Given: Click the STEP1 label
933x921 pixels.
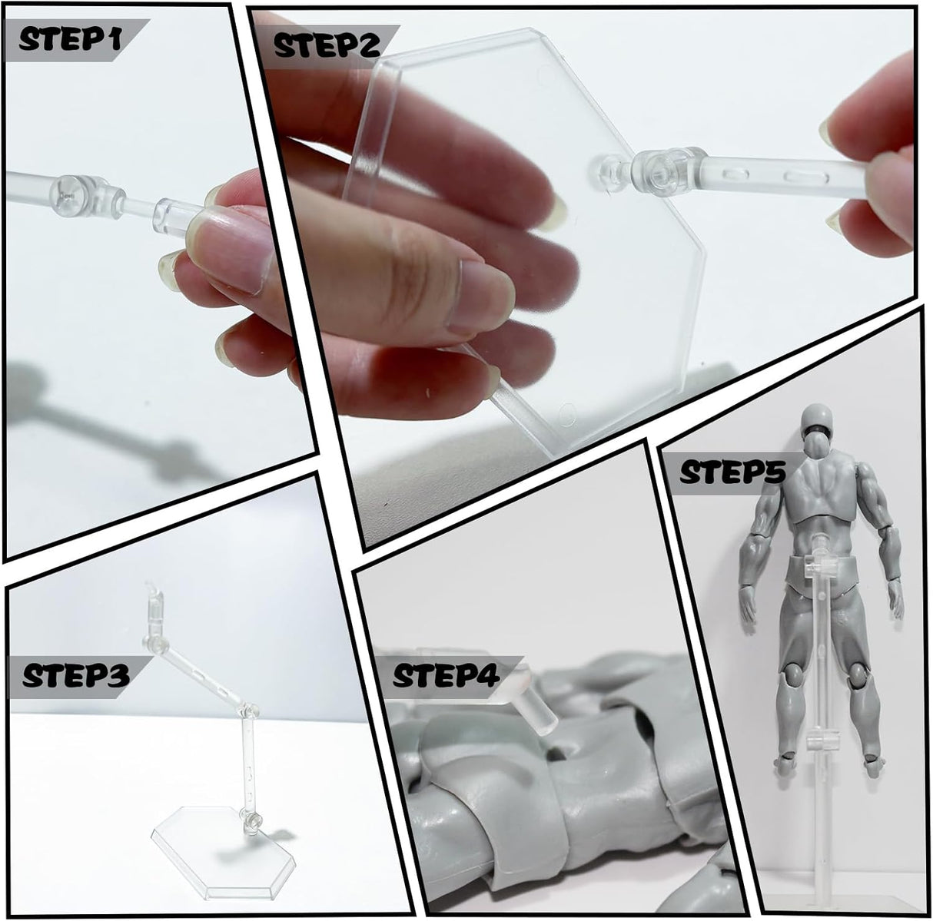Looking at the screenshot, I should coord(69,40).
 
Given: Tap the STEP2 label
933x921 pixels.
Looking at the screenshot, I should coord(327,46).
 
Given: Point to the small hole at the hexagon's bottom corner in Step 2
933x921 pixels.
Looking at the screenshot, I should coord(569,412).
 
